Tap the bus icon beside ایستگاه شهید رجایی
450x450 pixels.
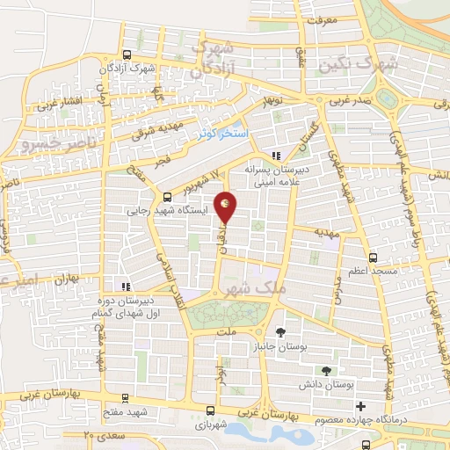click(167, 196)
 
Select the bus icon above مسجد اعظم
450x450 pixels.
click(373, 258)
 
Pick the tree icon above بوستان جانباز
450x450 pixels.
click(280, 332)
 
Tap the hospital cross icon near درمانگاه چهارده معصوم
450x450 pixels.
click(360, 406)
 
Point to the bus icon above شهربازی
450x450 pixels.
click(209, 410)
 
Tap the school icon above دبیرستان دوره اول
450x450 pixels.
click(127, 286)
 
